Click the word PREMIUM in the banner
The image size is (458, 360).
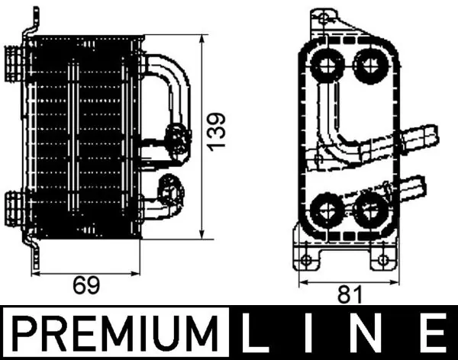[116, 333]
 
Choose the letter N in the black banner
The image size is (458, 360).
[369, 333]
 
